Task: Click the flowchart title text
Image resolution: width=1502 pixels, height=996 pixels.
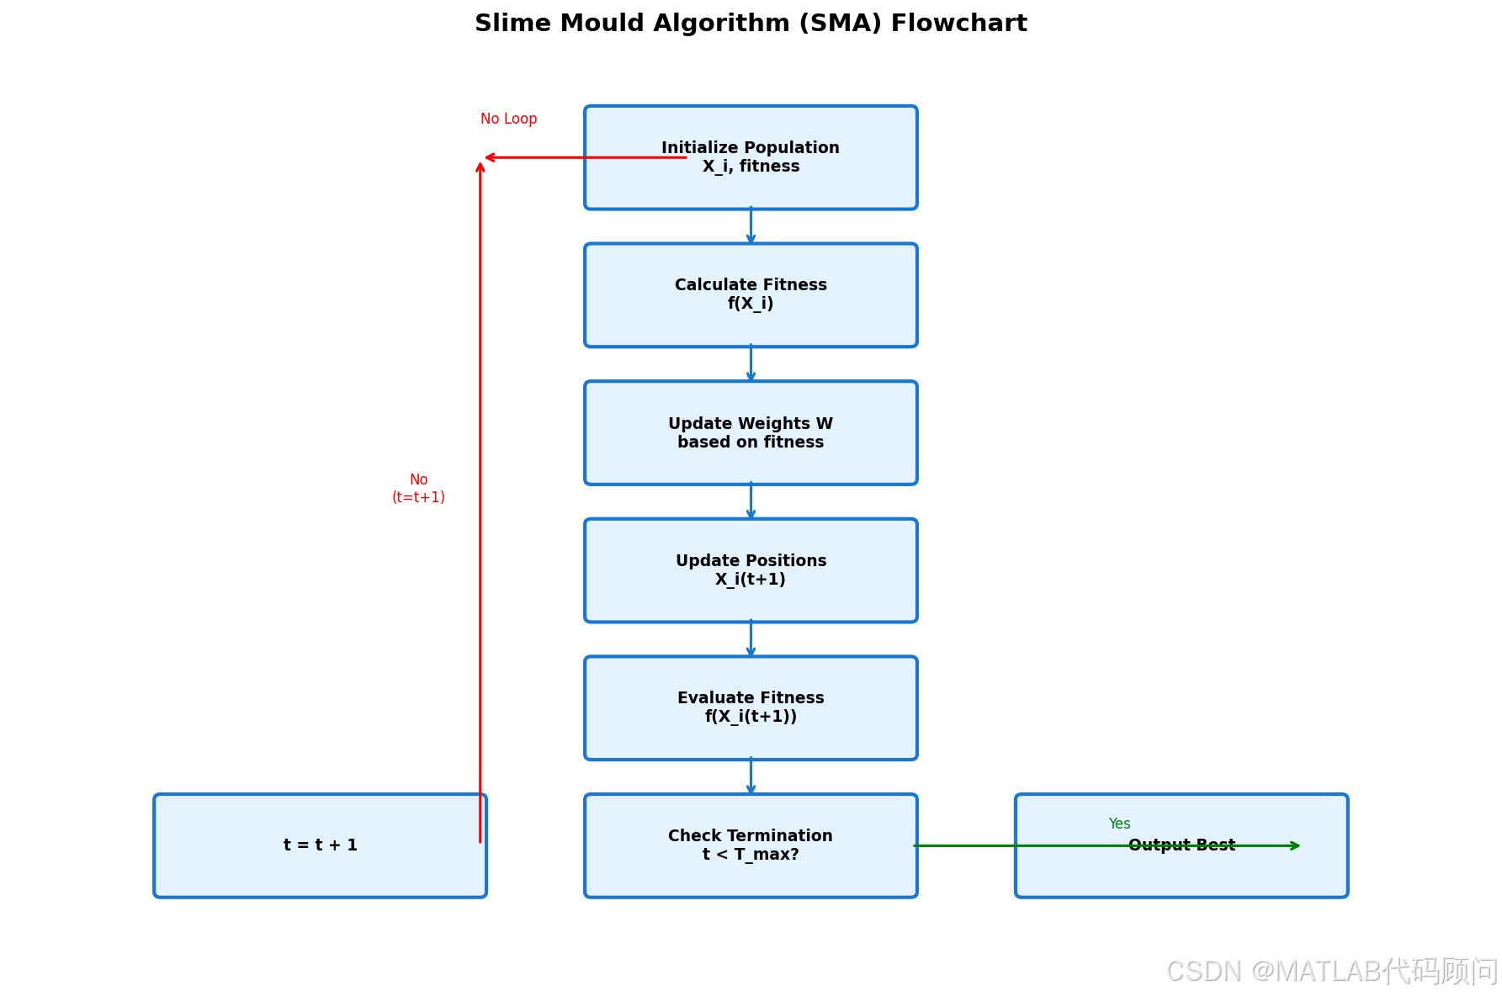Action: pyautogui.click(x=751, y=24)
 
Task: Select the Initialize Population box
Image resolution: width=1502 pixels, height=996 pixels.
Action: pyautogui.click(x=751, y=157)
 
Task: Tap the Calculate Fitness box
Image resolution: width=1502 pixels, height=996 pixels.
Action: pyautogui.click(x=751, y=295)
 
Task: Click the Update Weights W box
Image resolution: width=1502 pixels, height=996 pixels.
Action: pyautogui.click(x=751, y=433)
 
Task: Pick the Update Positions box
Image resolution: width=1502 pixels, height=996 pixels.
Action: pyautogui.click(x=751, y=570)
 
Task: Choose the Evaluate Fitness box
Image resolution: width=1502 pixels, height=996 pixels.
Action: pyautogui.click(x=751, y=708)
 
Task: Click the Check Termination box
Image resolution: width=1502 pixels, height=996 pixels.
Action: pyautogui.click(x=751, y=845)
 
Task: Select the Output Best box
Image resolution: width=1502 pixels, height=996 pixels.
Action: pyautogui.click(x=1181, y=845)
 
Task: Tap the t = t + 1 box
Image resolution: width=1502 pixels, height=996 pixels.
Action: pyautogui.click(x=320, y=845)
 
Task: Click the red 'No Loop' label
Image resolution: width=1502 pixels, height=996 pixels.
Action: pyautogui.click(x=508, y=119)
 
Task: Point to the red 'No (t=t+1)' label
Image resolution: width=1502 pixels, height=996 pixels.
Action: pyautogui.click(x=418, y=488)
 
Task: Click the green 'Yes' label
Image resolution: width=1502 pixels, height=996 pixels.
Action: pyautogui.click(x=1119, y=824)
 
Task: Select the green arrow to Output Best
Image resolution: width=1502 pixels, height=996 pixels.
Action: pyautogui.click(x=1107, y=845)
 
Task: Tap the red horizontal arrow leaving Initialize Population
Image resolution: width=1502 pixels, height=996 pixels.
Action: pyautogui.click(x=586, y=157)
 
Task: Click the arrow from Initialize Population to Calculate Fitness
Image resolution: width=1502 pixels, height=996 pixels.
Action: pyautogui.click(x=751, y=225)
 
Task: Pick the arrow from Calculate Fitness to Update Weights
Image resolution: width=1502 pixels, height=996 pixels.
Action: pyautogui.click(x=751, y=363)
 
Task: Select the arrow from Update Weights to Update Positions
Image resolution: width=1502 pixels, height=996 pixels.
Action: pyautogui.click(x=751, y=501)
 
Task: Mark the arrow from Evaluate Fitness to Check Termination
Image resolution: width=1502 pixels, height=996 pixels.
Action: pyautogui.click(x=751, y=776)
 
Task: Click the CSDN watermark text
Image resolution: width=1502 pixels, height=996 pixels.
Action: pyautogui.click(x=1332, y=972)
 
